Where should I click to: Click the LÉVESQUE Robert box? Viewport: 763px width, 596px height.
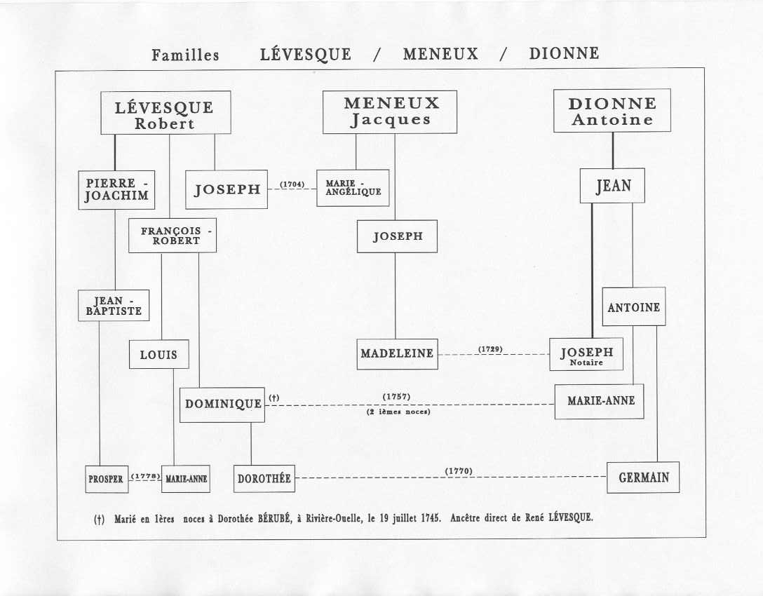click(x=166, y=112)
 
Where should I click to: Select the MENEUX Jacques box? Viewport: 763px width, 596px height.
click(x=390, y=112)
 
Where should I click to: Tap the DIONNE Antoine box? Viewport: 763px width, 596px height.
click(x=612, y=111)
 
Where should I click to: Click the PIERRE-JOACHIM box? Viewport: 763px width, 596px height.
click(x=117, y=190)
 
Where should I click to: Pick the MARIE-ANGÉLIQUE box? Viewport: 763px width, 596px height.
click(x=353, y=188)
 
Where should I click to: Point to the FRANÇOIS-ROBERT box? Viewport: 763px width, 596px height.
click(x=173, y=236)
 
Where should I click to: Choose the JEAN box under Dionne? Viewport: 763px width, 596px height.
click(x=612, y=185)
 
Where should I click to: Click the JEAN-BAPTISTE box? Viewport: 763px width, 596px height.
click(x=114, y=306)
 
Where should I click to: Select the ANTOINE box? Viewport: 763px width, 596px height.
click(x=633, y=306)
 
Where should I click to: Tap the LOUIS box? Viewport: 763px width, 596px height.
click(x=158, y=354)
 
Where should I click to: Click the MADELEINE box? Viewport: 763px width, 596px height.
click(x=397, y=353)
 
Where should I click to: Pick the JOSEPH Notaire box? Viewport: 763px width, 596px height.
click(x=586, y=354)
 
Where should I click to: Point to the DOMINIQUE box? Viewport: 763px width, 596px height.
click(x=222, y=405)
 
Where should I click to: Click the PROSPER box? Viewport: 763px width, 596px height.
click(x=107, y=479)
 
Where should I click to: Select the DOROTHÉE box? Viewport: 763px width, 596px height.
click(x=264, y=478)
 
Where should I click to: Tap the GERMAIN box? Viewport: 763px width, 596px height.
click(x=643, y=478)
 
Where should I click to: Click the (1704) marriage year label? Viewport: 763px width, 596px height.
click(x=292, y=184)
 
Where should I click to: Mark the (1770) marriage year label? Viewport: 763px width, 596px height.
click(x=459, y=471)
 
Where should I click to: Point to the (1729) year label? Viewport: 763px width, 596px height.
click(x=490, y=349)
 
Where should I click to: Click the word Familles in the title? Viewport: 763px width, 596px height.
click(x=185, y=55)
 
